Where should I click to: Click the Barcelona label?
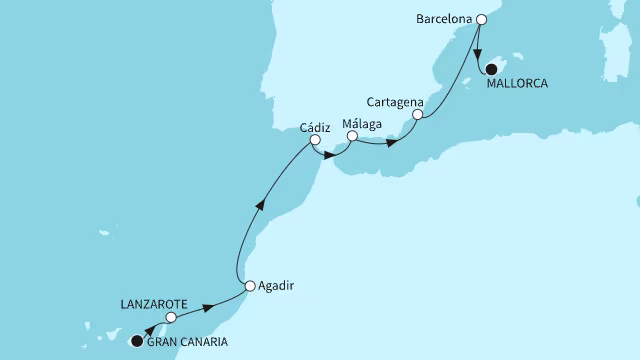click(x=441, y=19)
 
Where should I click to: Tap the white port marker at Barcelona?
click(x=481, y=19)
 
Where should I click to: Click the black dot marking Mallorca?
click(x=491, y=70)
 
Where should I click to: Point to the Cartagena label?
click(x=396, y=103)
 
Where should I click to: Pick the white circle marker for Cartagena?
click(x=417, y=115)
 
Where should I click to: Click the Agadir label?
click(x=276, y=285)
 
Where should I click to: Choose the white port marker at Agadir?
click(x=249, y=285)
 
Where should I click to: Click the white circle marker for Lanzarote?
click(x=171, y=317)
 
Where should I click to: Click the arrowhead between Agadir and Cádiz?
click(x=261, y=205)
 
